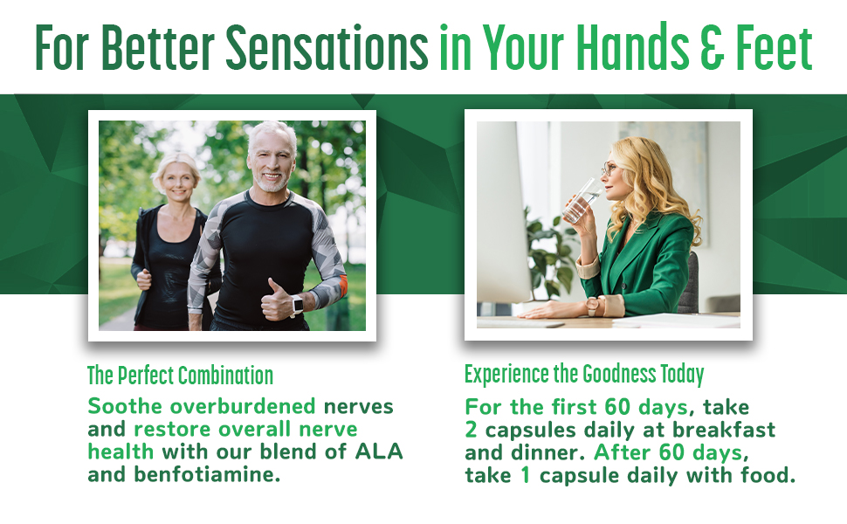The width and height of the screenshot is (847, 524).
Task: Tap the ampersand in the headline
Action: point(712,47)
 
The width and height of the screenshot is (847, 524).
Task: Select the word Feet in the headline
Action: point(774,47)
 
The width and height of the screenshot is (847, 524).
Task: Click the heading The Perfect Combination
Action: point(181,376)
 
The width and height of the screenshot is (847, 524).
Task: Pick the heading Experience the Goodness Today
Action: point(584,374)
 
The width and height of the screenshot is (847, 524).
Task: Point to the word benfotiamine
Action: point(208,475)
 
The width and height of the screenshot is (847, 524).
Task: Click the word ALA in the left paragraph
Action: point(379,452)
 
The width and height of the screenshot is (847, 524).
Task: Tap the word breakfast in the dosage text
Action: point(724,430)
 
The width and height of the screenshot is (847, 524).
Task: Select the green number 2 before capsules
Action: point(471,430)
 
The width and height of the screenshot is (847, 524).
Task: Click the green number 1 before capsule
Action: point(525,475)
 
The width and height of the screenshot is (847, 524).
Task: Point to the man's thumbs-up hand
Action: point(276,300)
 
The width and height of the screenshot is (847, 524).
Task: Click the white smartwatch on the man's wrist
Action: point(298,305)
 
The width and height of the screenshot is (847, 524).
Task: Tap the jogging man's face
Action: point(272,161)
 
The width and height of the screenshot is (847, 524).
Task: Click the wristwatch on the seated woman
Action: point(593,307)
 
